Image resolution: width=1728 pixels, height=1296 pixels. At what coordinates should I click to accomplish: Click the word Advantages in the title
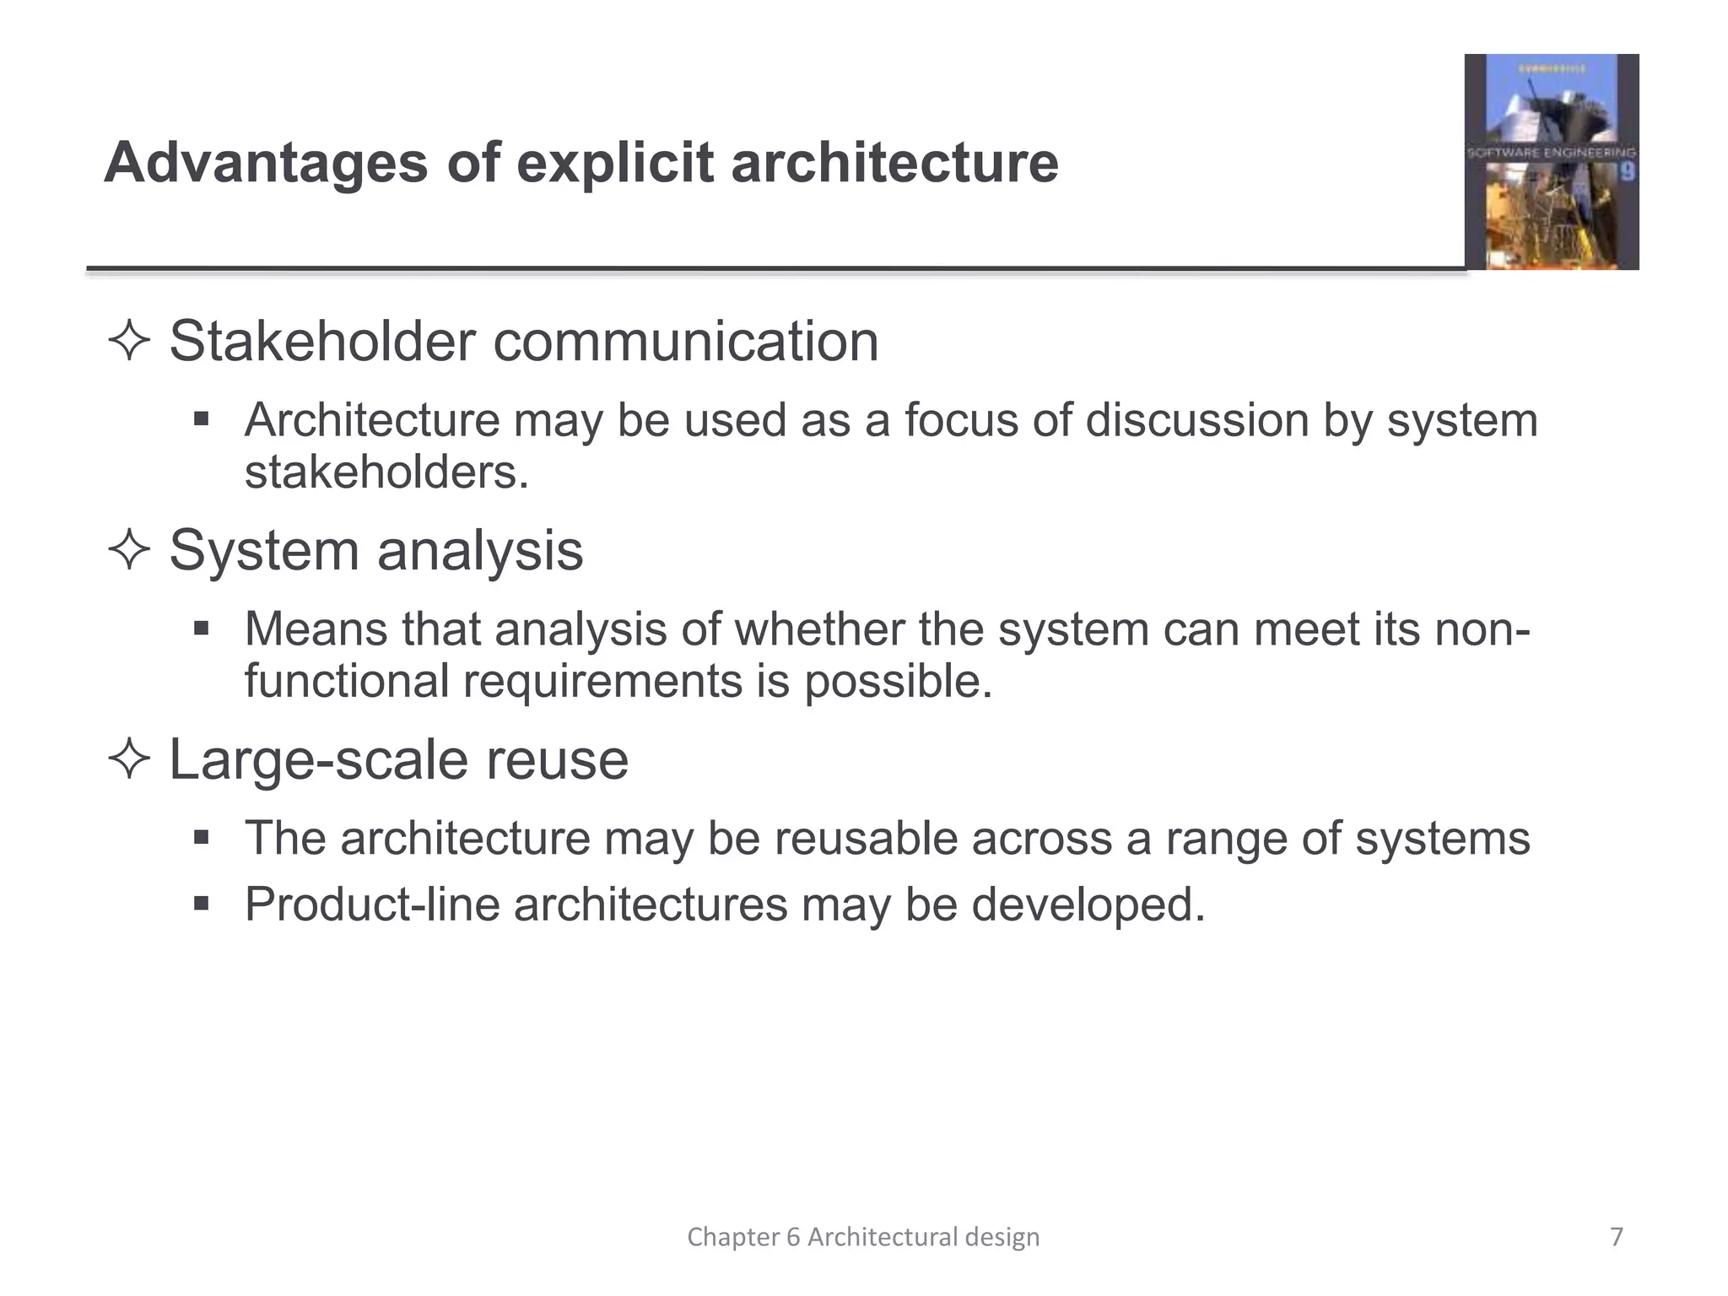pos(266,162)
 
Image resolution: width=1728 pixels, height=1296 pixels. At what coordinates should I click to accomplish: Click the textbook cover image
pos(1551,162)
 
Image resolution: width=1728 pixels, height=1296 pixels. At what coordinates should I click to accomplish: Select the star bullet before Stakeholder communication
pos(129,342)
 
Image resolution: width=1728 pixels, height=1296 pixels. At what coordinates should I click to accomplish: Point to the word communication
pos(685,342)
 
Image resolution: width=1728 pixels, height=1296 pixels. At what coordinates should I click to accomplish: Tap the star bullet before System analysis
pos(129,551)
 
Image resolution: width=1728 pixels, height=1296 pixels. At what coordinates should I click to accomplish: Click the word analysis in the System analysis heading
pos(479,551)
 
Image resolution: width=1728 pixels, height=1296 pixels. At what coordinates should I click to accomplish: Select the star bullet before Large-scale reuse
pos(129,759)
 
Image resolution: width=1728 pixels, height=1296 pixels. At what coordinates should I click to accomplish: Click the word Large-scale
pos(319,759)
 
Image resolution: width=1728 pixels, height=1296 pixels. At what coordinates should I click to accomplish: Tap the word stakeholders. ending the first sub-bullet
pos(386,472)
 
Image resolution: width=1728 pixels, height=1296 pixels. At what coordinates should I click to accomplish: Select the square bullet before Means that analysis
pos(201,629)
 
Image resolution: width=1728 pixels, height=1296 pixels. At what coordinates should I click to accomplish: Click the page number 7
pos(1616,1237)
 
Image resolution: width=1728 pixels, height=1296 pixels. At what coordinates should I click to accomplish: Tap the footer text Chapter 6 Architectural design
pos(863,1237)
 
